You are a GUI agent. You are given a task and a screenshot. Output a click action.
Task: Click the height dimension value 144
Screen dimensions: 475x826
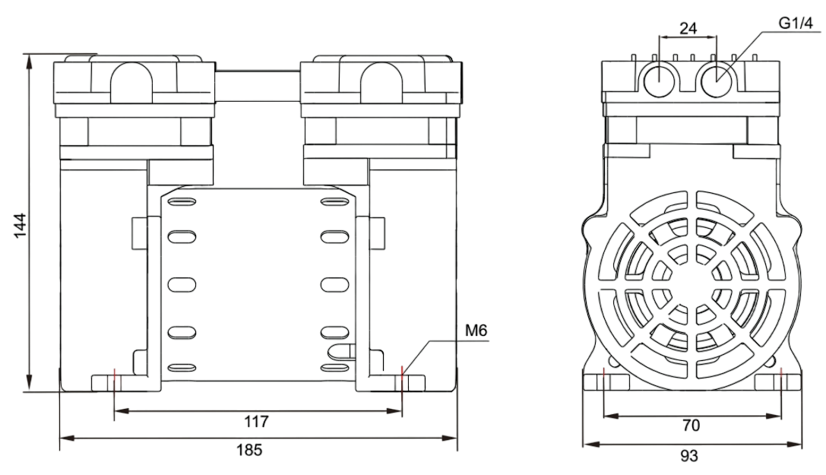(x=21, y=225)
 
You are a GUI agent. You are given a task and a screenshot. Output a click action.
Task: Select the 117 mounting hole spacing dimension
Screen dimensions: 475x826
(x=257, y=421)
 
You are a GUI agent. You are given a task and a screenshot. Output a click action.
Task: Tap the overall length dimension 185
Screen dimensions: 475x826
(x=248, y=449)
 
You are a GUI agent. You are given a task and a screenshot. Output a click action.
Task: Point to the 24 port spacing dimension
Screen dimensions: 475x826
(x=688, y=29)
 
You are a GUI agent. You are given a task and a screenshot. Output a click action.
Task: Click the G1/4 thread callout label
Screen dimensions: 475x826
(x=794, y=24)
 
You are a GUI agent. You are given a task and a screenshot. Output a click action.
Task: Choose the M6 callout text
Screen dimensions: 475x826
(x=476, y=331)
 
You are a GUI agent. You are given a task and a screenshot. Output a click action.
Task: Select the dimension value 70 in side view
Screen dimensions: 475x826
(x=691, y=426)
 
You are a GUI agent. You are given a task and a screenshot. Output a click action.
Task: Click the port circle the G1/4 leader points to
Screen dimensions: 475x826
(x=717, y=79)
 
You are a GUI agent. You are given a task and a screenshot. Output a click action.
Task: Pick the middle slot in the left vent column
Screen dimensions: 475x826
(x=181, y=285)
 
